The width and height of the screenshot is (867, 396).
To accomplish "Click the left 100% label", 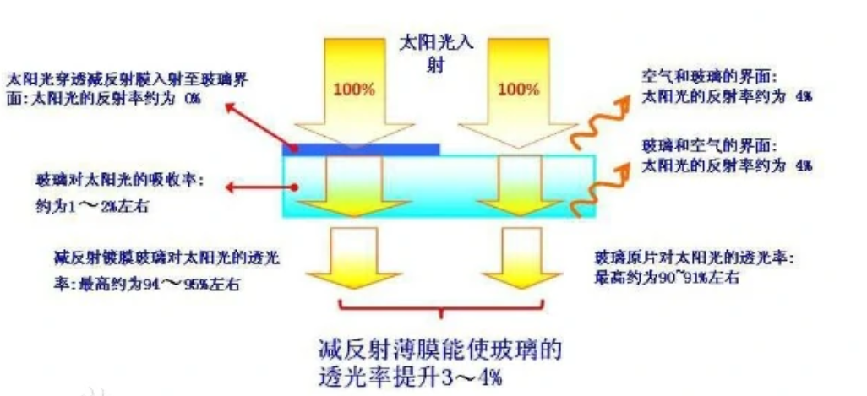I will [355, 89].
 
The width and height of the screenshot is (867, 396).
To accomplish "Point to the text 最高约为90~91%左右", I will [668, 276].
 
